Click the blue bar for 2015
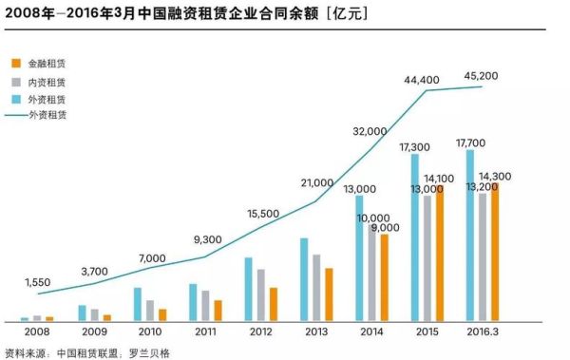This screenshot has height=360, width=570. point(415,237)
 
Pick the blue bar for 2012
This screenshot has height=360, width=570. point(248,289)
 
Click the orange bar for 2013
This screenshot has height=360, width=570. point(329,294)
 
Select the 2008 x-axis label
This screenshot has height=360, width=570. point(36,332)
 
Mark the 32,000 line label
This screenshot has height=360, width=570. point(370,131)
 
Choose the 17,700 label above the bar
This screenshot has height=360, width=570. point(470,142)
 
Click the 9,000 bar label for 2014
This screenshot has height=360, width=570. point(385,228)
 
